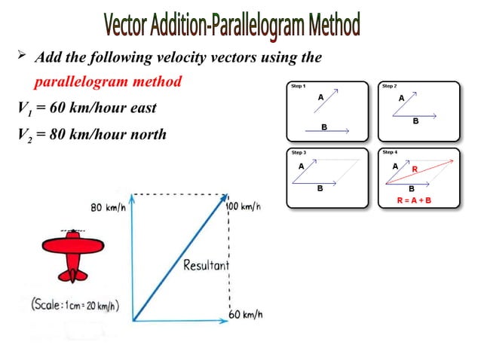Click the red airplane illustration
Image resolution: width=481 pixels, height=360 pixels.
pos(72,252)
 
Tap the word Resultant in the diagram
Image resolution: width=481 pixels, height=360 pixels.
pos(206,265)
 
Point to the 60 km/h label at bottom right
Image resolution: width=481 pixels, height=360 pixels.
pos(246,314)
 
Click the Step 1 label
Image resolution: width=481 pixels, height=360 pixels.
pos(299,87)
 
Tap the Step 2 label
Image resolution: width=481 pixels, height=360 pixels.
pos(390,87)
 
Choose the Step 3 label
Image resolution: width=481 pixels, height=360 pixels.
pos(299,153)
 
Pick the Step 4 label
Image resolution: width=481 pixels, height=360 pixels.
pos(390,153)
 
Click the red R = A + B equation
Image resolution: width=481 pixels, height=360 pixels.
pos(414,200)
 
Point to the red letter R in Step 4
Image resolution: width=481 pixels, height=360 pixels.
pos(414,169)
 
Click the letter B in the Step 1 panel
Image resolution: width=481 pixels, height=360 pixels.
pos(324,127)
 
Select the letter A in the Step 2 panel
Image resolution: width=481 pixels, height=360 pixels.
pos(401,98)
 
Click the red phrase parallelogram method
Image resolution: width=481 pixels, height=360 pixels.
pos(107,81)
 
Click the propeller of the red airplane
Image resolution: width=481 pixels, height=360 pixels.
pos(72,230)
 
